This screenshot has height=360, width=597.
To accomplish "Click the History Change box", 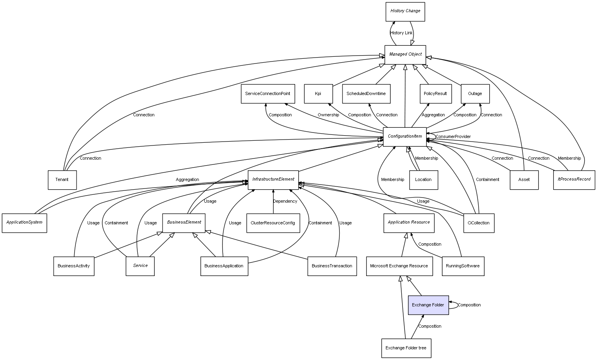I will [x=405, y=11].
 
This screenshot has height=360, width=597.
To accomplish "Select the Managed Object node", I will [x=405, y=54].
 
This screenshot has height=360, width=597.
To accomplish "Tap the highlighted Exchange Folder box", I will [x=428, y=305].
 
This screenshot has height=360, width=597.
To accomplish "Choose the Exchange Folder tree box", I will [x=406, y=348].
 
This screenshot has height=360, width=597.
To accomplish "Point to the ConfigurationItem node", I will [x=405, y=136].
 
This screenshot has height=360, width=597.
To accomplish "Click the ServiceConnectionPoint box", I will [x=268, y=94].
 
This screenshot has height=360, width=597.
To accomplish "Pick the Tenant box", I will [x=62, y=180].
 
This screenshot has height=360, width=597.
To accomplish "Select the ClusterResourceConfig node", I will [x=273, y=223].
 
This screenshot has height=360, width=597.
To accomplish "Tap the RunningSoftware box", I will [x=462, y=266].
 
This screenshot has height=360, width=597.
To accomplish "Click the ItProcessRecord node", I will [x=574, y=179].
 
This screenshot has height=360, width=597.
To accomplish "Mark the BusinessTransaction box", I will [x=332, y=266].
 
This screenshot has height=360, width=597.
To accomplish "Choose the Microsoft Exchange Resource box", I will [x=399, y=266].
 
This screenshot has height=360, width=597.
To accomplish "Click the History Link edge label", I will [x=401, y=33].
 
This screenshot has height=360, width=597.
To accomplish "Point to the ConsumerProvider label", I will [x=453, y=137].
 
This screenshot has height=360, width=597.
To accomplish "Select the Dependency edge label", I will [x=285, y=201].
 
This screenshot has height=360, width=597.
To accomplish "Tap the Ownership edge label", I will [x=328, y=115].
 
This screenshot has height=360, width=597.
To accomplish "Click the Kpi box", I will [x=318, y=94].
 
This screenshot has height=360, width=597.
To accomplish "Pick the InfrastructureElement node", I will [x=273, y=179].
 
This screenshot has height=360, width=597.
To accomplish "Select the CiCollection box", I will [x=478, y=223].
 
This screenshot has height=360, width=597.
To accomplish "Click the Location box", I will [x=423, y=180].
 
